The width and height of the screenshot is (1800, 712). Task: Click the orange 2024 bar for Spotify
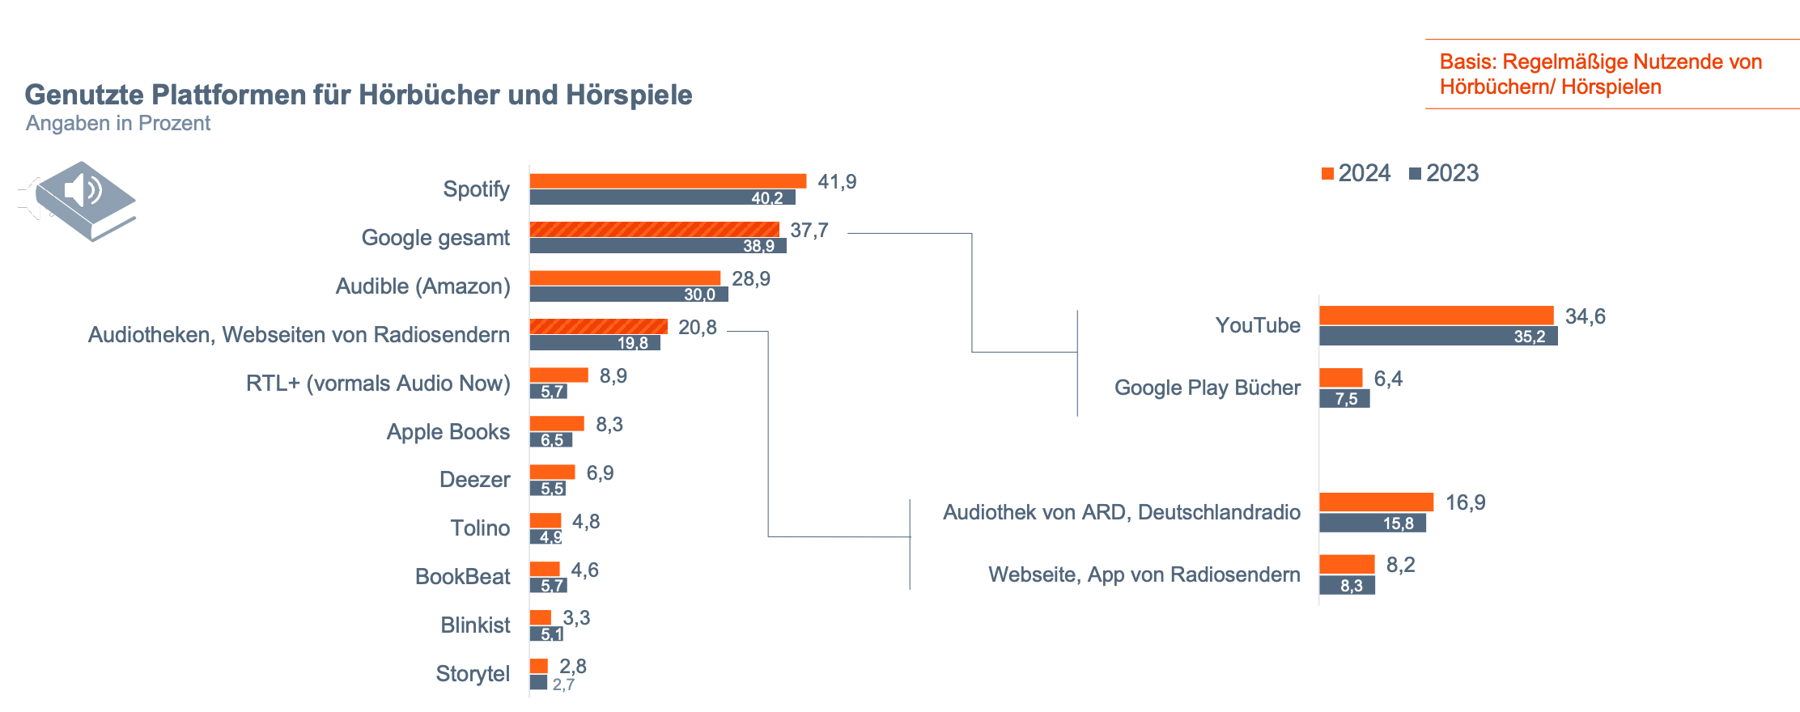pos(668,181)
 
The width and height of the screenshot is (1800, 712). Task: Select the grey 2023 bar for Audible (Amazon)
pos(629,295)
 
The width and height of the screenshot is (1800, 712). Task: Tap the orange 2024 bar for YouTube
pos(1437,316)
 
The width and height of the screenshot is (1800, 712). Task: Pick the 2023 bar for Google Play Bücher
pos(1344,398)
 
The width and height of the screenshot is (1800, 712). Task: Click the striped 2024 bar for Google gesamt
pos(654,230)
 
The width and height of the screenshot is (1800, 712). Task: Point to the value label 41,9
pos(837,182)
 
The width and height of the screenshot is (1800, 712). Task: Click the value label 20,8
pos(698,328)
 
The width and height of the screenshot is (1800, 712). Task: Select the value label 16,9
pos(1466,502)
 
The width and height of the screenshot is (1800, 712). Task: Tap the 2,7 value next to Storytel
pos(563,684)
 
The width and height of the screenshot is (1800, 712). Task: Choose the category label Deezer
pos(474,480)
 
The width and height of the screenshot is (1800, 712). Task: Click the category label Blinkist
pos(475,625)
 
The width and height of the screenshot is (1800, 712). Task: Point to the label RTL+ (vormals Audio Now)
pos(378,384)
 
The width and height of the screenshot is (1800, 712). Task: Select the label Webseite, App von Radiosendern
pos(1144,574)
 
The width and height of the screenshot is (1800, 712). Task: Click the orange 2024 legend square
pos(1327,174)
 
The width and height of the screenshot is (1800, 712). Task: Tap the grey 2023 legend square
pos(1415,174)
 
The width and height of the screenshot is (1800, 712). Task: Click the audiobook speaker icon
pos(78,201)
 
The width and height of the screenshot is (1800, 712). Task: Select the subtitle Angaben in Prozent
pos(118,123)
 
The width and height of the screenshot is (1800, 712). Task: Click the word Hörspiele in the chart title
pos(629,95)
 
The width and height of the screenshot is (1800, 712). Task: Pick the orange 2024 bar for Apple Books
pos(557,424)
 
